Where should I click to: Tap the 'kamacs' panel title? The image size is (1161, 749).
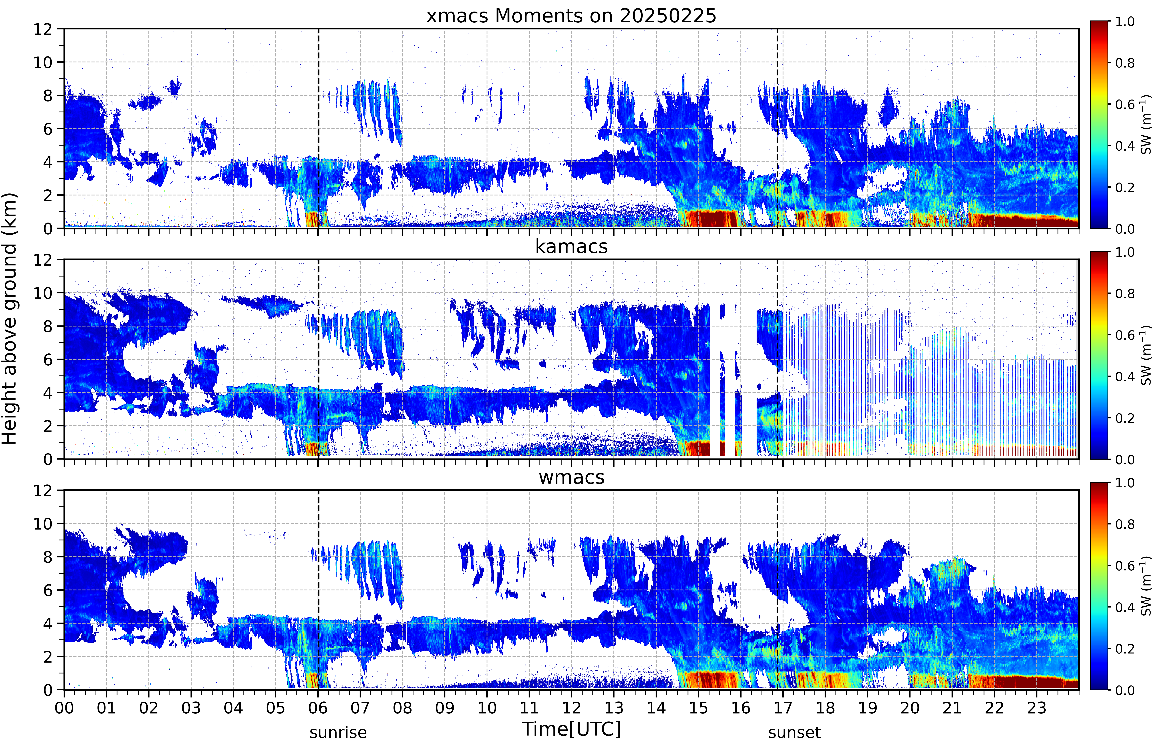[x=571, y=247]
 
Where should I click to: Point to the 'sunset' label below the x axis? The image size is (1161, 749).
[x=794, y=732]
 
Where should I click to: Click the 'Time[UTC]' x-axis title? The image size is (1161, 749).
[x=571, y=729]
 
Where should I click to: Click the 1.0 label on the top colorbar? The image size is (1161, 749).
[x=1125, y=21]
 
